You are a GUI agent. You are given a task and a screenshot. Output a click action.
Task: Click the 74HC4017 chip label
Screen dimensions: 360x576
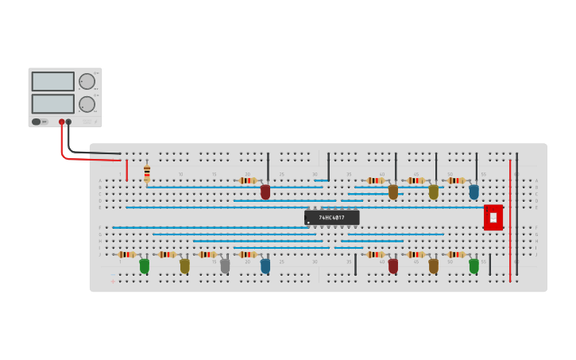tap(332, 217)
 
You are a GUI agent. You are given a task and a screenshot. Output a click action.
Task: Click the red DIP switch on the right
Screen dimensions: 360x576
tap(493, 217)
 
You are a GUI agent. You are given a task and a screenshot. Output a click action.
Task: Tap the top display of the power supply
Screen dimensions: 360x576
tap(53, 81)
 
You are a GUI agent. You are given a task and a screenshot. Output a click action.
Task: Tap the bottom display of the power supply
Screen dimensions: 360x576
tap(53, 104)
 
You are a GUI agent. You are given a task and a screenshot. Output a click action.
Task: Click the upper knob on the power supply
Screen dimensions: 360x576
tap(87, 81)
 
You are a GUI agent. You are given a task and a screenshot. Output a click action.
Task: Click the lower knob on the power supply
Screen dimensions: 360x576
tap(87, 104)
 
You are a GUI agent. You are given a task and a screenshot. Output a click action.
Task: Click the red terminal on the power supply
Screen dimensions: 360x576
tap(61, 122)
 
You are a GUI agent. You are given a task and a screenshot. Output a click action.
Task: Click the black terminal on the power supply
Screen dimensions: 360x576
tap(69, 122)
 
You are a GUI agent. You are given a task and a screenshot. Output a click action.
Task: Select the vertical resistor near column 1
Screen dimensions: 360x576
tap(147, 173)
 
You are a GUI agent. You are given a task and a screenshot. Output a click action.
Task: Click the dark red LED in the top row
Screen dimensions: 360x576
tap(265, 192)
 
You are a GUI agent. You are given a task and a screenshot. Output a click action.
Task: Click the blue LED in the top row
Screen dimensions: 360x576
tap(474, 192)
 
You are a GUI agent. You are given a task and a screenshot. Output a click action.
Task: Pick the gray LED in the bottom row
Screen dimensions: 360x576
tap(225, 266)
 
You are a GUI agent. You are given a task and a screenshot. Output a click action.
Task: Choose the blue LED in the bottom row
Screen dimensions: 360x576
tap(265, 266)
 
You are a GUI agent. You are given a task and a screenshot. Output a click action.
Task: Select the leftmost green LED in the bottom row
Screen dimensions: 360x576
tap(145, 266)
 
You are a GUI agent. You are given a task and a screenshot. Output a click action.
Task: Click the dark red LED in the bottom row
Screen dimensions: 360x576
tap(393, 266)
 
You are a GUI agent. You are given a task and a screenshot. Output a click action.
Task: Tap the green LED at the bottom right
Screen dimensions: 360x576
tap(474, 266)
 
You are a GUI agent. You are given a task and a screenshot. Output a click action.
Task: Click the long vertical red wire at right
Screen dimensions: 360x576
tap(510, 223)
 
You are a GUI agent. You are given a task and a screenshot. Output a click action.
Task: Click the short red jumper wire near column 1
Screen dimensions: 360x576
tap(126, 170)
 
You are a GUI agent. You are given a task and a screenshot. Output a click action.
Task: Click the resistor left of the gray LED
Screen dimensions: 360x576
tap(207, 254)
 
